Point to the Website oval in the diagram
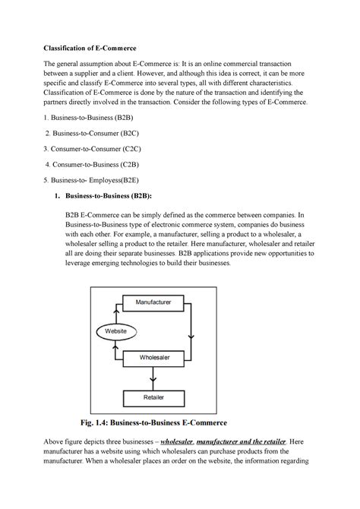115,331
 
